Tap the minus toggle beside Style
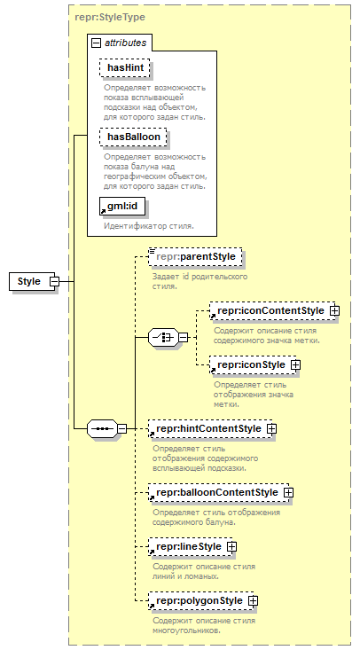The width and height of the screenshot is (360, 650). pyautogui.click(x=55, y=281)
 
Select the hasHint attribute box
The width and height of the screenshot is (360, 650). pyautogui.click(x=124, y=67)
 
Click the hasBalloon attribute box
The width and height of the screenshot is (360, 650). pyautogui.click(x=133, y=137)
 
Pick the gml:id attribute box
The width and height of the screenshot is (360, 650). pyautogui.click(x=122, y=206)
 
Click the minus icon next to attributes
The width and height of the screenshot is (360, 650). pyautogui.click(x=96, y=43)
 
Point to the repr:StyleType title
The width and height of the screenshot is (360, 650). pyautogui.click(x=110, y=17)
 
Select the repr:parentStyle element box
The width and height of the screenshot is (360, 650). pyautogui.click(x=195, y=256)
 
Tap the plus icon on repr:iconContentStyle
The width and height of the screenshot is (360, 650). pyautogui.click(x=334, y=310)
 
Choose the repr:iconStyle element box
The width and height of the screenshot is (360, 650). pyautogui.click(x=253, y=364)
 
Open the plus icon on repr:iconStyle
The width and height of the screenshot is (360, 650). pyautogui.click(x=296, y=364)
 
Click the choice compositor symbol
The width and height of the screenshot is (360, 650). pyautogui.click(x=163, y=338)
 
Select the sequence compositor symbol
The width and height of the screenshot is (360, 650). pyautogui.click(x=103, y=428)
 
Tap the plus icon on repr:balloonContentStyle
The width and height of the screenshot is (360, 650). pyautogui.click(x=289, y=492)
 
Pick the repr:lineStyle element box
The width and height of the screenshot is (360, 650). pyautogui.click(x=191, y=547)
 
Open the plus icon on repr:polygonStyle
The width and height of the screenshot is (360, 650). pyautogui.click(x=253, y=600)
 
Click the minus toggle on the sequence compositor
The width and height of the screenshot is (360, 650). pyautogui.click(x=122, y=428)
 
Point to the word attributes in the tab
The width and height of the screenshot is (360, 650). pyautogui.click(x=126, y=43)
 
